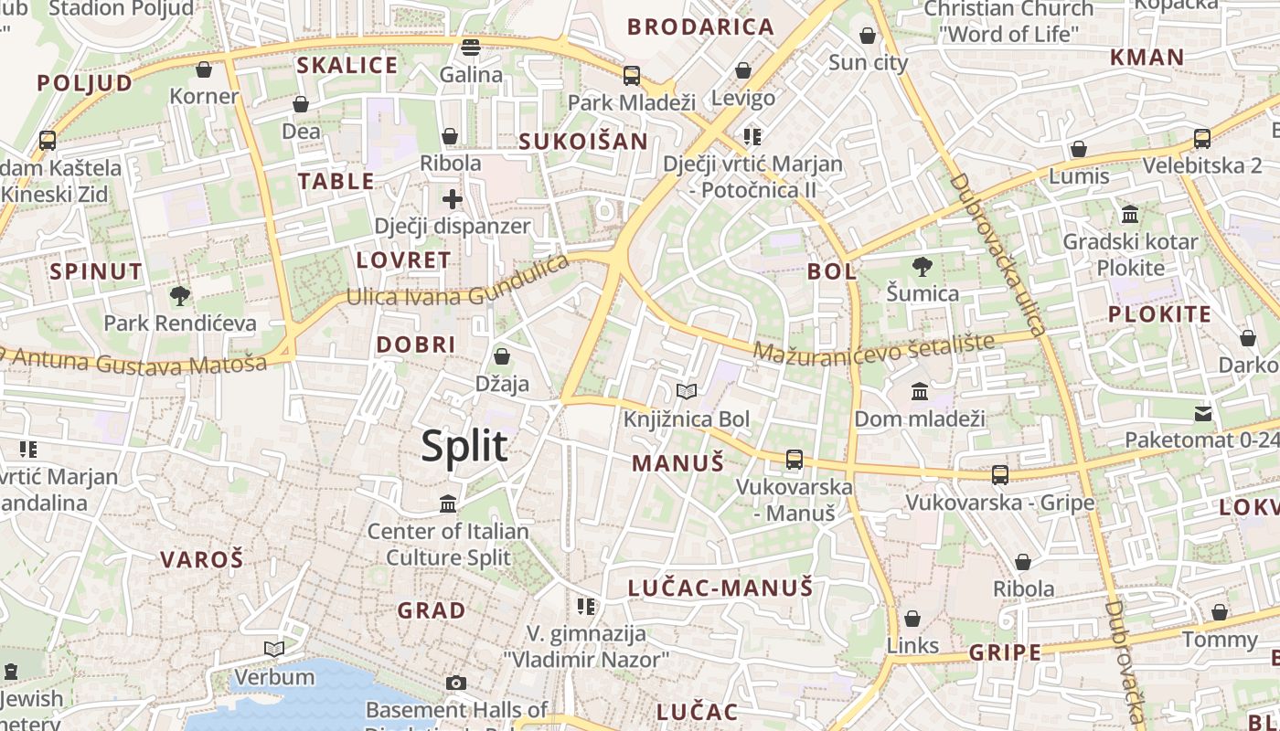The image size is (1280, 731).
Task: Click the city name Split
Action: (x=464, y=446)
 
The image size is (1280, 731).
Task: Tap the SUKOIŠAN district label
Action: (x=583, y=142)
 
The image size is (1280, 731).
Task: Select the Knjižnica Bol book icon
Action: (x=687, y=392)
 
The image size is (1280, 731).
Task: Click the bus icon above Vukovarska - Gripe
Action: (x=1000, y=475)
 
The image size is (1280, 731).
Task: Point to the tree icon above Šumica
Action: (x=923, y=267)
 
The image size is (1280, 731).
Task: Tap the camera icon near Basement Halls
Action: (x=455, y=683)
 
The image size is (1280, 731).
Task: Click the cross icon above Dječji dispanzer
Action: (x=453, y=198)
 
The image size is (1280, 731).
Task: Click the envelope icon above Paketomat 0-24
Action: (x=1202, y=413)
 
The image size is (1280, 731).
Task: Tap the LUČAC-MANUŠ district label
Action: (x=720, y=588)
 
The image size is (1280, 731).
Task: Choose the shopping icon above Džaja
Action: (x=501, y=356)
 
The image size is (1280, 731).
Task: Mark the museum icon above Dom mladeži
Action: (x=920, y=392)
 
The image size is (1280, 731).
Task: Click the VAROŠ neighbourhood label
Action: (x=202, y=559)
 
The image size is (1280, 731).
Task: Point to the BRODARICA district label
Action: (x=701, y=26)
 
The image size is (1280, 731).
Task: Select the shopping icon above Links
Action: (x=912, y=619)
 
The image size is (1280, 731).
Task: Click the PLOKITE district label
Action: (x=1159, y=315)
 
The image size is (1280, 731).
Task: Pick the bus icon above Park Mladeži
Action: (x=632, y=76)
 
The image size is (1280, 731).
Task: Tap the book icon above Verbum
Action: (x=274, y=650)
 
